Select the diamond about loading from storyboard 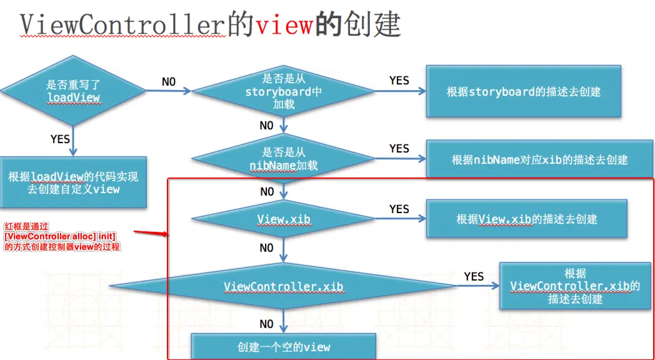click(283, 91)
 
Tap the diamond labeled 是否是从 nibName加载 click(283, 159)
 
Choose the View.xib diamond click(284, 219)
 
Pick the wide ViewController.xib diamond click(283, 286)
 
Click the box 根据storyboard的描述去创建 click(523, 92)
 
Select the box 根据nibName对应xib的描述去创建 click(539, 159)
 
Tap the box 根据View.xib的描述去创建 click(526, 219)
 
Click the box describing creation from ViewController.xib click(575, 286)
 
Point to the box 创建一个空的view click(284, 346)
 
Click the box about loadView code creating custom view click(73, 182)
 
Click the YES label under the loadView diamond click(60, 139)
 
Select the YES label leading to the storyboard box click(399, 81)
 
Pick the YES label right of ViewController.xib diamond click(474, 276)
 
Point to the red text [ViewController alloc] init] click(60, 236)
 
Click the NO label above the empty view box click(266, 324)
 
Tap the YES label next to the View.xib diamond click(399, 209)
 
